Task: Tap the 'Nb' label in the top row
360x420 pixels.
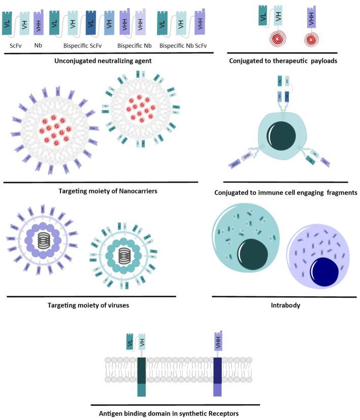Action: pos(37,45)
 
